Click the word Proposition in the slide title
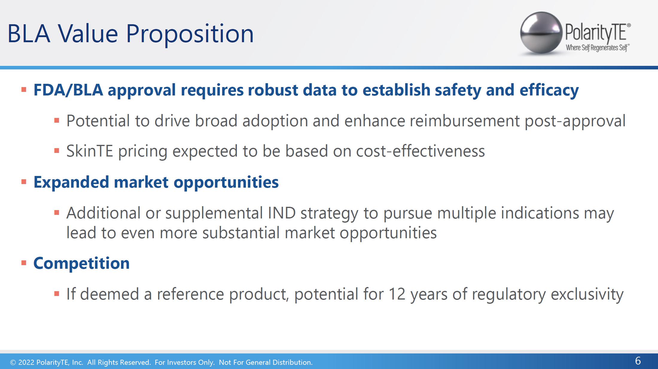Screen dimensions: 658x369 pos(190,34)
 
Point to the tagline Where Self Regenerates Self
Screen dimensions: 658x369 pos(598,48)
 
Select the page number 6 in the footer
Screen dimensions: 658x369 pos(638,361)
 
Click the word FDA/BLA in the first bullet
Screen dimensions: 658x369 pos(68,90)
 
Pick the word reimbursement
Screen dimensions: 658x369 pos(464,121)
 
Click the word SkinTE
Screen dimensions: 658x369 pos(90,151)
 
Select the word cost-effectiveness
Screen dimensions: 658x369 pos(421,151)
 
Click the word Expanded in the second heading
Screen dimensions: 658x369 pos(71,182)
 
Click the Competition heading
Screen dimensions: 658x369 pos(81,263)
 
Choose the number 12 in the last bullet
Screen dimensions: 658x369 pos(397,294)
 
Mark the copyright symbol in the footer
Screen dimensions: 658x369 pos(13,362)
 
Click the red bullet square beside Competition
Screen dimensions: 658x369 pos(24,263)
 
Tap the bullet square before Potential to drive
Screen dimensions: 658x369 pos(57,121)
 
